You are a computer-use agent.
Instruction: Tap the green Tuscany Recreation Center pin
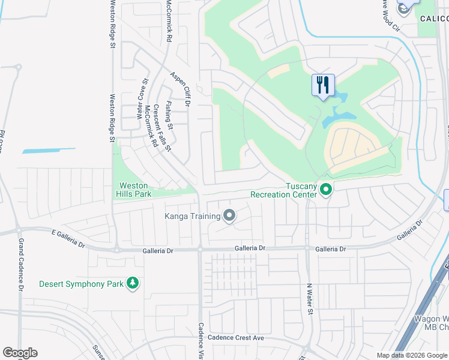(326, 190)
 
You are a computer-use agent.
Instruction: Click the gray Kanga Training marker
(229, 215)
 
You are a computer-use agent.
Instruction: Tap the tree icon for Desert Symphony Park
(133, 283)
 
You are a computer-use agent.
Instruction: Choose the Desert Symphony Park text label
(81, 283)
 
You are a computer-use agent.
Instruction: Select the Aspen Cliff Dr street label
(179, 89)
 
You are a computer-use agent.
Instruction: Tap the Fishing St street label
(169, 115)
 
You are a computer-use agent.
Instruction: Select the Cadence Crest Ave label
(236, 338)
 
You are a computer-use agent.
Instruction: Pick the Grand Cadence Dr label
(20, 265)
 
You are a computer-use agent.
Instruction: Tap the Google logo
(20, 353)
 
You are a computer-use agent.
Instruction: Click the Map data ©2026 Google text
(411, 355)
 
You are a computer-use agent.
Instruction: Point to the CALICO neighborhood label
(433, 19)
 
